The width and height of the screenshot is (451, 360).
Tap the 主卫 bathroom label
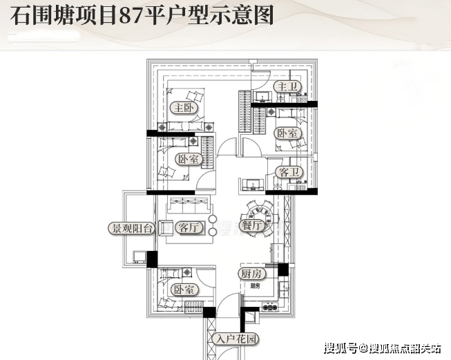click(287, 86)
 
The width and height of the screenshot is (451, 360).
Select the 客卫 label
click(289, 172)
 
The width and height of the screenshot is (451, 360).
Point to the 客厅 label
click(189, 227)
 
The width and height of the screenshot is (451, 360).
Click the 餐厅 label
click(251, 225)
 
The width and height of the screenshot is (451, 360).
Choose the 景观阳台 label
click(132, 229)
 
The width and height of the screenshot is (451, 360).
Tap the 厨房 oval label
click(252, 274)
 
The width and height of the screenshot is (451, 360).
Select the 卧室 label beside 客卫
click(287, 133)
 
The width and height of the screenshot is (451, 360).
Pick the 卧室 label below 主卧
click(189, 159)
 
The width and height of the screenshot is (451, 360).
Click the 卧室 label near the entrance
click(184, 290)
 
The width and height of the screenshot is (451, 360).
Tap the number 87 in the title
click(131, 16)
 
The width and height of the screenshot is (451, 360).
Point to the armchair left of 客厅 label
click(165, 228)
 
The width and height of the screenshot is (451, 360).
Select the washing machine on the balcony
click(140, 257)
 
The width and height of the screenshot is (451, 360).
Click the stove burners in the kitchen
click(270, 307)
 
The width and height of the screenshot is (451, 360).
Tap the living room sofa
click(189, 205)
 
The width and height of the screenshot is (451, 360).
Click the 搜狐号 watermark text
click(340, 348)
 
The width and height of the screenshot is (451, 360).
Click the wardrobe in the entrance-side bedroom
click(194, 307)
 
